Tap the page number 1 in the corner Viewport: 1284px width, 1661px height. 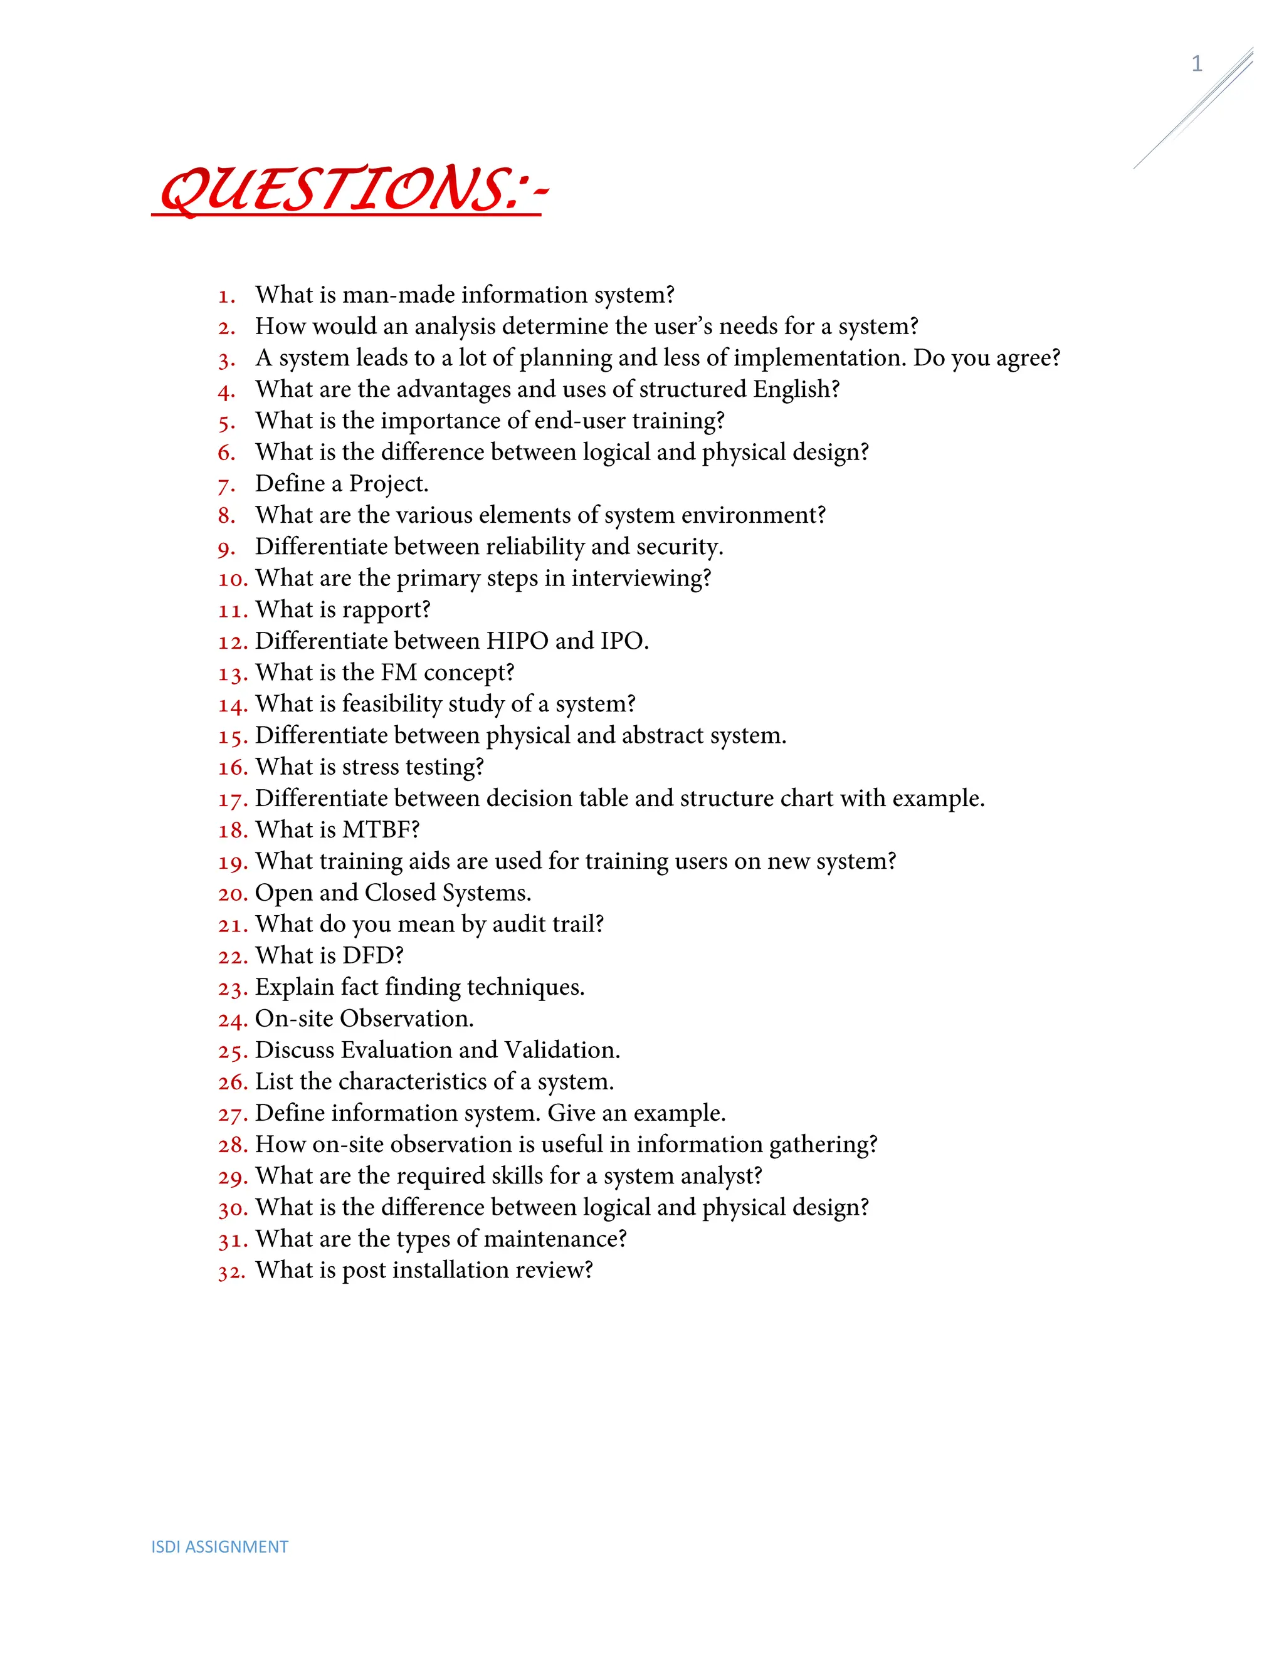[x=1196, y=64]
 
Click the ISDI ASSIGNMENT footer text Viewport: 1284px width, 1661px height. [x=220, y=1546]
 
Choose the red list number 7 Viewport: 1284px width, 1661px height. [x=226, y=485]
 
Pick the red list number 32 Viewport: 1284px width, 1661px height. [x=231, y=1272]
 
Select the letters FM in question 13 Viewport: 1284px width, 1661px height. [x=399, y=673]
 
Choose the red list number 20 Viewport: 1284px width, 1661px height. [x=233, y=894]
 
